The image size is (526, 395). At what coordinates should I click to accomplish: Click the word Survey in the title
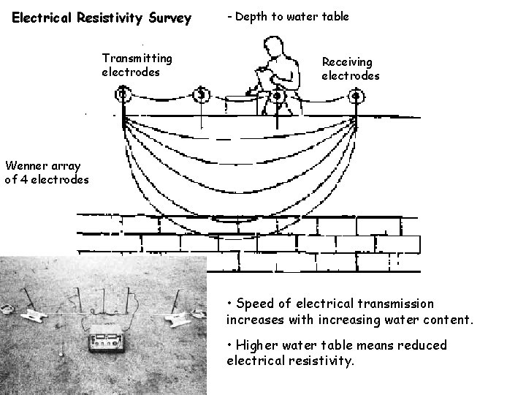(x=166, y=17)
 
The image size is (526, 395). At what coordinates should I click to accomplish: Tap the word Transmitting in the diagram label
(x=137, y=58)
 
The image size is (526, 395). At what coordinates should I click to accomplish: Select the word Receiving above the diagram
(x=347, y=62)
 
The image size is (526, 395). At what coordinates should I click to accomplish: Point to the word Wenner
(x=26, y=166)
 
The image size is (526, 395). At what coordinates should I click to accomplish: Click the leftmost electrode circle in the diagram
(x=123, y=94)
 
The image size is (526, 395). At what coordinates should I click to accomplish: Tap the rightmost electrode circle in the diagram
(x=355, y=95)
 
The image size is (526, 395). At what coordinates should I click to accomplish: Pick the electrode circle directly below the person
(x=278, y=95)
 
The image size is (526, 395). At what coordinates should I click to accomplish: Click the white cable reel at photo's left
(x=33, y=315)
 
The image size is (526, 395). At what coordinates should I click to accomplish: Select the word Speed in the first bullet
(x=253, y=304)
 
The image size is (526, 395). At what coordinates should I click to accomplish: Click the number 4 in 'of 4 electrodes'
(x=24, y=179)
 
